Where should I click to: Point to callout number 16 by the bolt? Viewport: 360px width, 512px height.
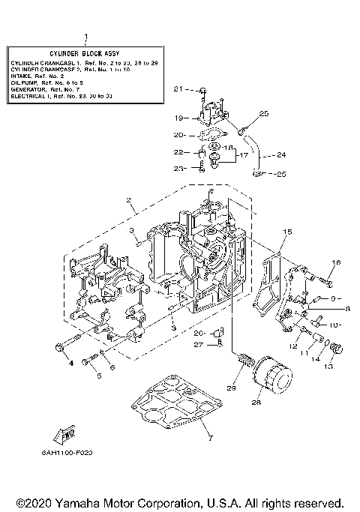(337, 262)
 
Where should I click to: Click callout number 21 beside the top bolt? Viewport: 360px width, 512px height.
(178, 89)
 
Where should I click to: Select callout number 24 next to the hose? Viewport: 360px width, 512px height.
(280, 156)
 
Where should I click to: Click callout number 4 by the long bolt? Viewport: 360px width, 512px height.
(72, 363)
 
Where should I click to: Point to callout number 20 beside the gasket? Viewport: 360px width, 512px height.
(178, 136)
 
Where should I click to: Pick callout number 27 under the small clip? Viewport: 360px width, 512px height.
(199, 345)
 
